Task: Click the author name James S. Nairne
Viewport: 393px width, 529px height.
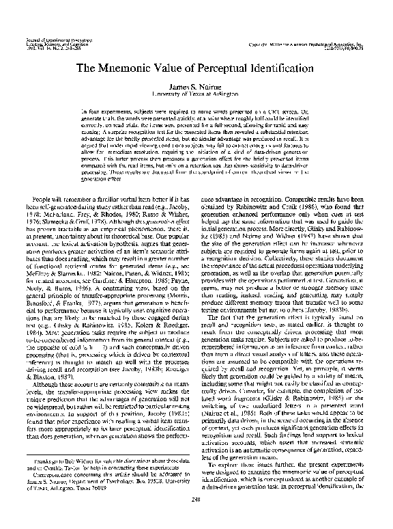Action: (x=197, y=85)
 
